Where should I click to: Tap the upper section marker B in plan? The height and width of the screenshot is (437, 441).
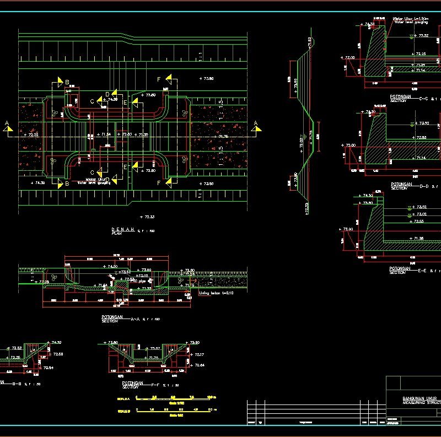tap(61, 83)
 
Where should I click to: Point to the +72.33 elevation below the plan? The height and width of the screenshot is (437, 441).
tap(147, 217)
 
